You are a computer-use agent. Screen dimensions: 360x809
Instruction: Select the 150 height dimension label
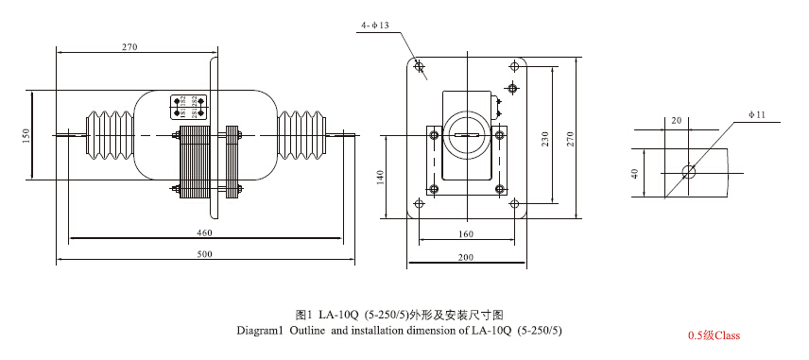pos(26,136)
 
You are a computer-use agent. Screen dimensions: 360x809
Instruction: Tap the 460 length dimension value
pos(203,231)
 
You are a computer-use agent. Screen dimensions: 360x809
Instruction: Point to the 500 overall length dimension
pos(203,254)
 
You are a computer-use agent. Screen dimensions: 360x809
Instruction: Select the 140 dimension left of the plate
pos(381,178)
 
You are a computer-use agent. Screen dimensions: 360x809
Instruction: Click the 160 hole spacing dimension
pos(465,234)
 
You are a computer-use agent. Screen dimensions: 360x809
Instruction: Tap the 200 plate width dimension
pos(465,257)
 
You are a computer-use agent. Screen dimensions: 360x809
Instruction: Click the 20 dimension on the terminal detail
pos(676,121)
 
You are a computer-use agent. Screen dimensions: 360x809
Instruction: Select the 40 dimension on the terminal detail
pos(635,173)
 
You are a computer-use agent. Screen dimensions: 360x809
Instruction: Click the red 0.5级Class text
pos(714,335)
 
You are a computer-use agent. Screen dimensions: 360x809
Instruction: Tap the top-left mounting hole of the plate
pos(420,67)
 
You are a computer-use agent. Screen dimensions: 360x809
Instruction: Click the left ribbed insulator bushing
pos(108,136)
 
